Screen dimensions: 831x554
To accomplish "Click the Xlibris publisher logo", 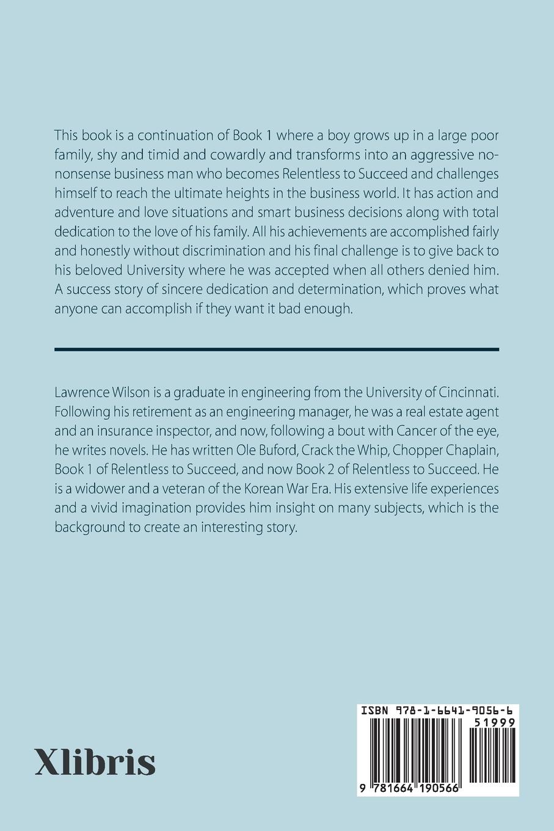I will pos(95,761).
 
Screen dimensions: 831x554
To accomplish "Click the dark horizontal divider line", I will pos(277,350).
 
